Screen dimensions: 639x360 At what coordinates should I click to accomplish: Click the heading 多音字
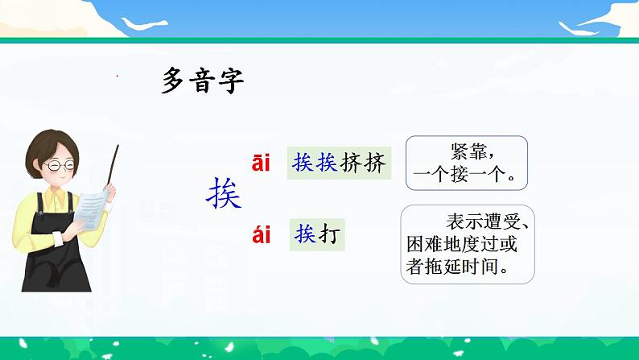coord(203,81)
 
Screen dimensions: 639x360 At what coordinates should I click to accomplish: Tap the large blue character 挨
coord(224,193)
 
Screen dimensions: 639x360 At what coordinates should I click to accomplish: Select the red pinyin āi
coord(261,163)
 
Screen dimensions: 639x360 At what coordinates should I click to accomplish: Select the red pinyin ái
coord(262,234)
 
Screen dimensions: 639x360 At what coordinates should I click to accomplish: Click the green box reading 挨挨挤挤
coord(339,163)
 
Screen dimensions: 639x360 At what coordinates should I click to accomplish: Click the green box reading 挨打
coord(317,234)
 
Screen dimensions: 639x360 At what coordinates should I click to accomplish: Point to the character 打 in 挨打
coord(329,234)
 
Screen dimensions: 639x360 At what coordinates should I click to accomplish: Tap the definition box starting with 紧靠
coord(467,163)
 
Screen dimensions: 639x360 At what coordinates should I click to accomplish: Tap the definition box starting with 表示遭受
coord(468,244)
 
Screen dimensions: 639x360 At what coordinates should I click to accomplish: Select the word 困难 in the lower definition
coord(425,244)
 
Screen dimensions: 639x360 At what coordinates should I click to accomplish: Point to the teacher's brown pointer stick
coord(113,165)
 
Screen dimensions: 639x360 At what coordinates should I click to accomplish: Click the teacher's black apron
coord(56,253)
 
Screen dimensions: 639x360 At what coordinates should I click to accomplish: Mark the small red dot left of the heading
coord(117,76)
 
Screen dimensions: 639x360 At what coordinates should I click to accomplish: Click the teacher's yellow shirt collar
coord(56,199)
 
